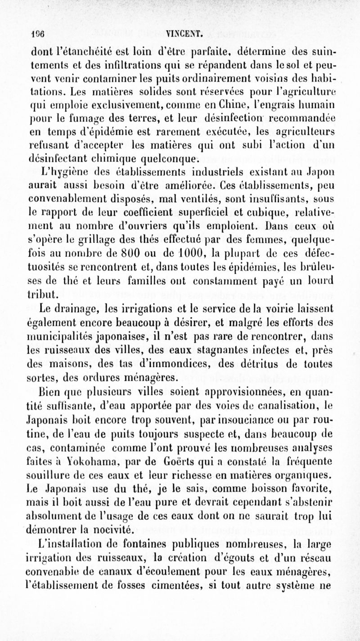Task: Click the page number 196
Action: pyautogui.click(x=24, y=32)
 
